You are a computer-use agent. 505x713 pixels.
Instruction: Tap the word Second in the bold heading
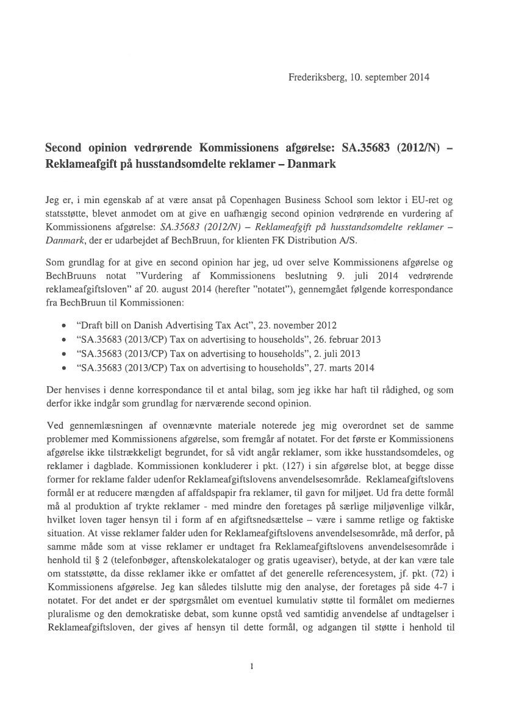point(64,149)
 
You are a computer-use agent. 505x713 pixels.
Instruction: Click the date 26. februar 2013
point(341,339)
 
